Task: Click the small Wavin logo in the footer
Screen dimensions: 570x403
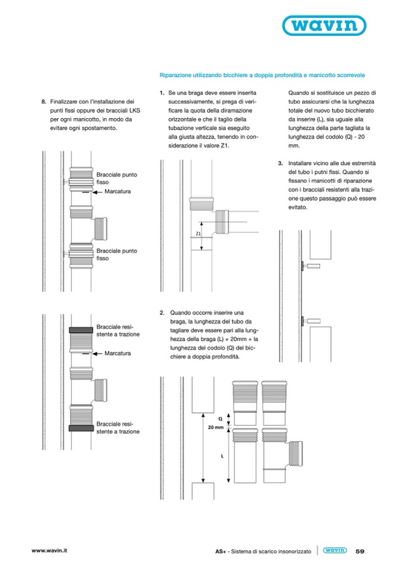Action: (x=335, y=550)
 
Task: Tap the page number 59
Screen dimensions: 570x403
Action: (x=360, y=551)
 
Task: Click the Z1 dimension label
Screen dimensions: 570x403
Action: (x=198, y=234)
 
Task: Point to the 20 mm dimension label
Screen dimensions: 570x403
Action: (x=215, y=427)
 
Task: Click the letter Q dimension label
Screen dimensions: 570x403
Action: (x=219, y=418)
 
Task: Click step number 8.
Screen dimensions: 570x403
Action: (x=43, y=102)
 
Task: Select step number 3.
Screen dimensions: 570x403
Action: (x=280, y=163)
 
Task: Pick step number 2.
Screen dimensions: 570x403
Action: (x=162, y=312)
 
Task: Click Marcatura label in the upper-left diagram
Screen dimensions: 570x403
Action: (x=117, y=192)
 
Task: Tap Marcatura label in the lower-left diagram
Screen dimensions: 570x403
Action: (x=117, y=353)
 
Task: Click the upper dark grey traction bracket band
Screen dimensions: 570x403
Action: (x=80, y=330)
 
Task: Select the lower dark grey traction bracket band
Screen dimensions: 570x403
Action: (x=80, y=427)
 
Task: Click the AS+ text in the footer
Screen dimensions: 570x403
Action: (x=221, y=551)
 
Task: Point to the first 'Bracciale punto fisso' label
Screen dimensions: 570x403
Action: (x=117, y=178)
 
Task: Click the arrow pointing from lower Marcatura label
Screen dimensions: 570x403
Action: (x=97, y=353)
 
